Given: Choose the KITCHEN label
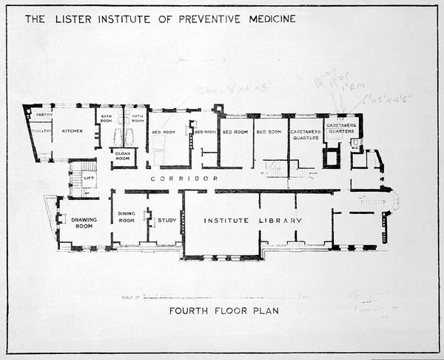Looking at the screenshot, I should pyautogui.click(x=73, y=130).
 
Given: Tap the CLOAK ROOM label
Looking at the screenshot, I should pyautogui.click(x=123, y=156).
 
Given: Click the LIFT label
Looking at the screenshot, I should pyautogui.click(x=89, y=179).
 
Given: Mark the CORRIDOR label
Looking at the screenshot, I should pyautogui.click(x=173, y=179).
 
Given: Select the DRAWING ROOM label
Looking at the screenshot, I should pyautogui.click(x=82, y=221).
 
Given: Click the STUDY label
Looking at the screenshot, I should pyautogui.click(x=166, y=219).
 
